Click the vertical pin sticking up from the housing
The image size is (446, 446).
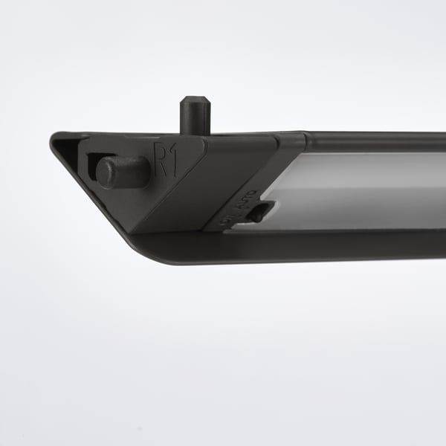(x=195, y=117)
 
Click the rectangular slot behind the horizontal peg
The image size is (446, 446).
(x=92, y=164)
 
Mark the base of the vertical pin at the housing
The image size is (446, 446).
(x=195, y=134)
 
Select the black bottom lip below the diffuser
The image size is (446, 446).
(x=334, y=244)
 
